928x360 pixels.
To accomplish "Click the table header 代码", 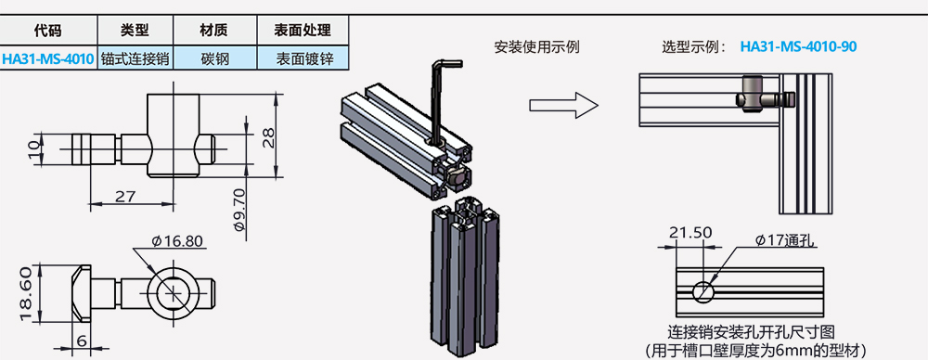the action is [x=48, y=30].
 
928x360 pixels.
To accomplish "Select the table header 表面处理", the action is [x=303, y=30].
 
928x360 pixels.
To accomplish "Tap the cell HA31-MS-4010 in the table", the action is [x=48, y=59].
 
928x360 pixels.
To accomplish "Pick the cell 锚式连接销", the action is [x=135, y=59].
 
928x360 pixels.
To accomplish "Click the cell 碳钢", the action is [x=215, y=59].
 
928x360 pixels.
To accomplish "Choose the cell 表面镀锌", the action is [x=303, y=59].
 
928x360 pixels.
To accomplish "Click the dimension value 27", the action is [x=125, y=196].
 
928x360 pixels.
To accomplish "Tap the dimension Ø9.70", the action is [x=239, y=210].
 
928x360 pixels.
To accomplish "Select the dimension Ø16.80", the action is [x=177, y=241].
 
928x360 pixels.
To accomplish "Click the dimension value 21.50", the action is [x=690, y=233].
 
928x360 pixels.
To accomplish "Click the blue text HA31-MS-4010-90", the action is [x=798, y=46].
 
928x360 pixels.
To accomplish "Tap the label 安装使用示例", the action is [x=536, y=47].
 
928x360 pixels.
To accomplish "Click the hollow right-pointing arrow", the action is [x=563, y=106].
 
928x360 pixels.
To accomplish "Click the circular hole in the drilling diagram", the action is [x=703, y=290].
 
